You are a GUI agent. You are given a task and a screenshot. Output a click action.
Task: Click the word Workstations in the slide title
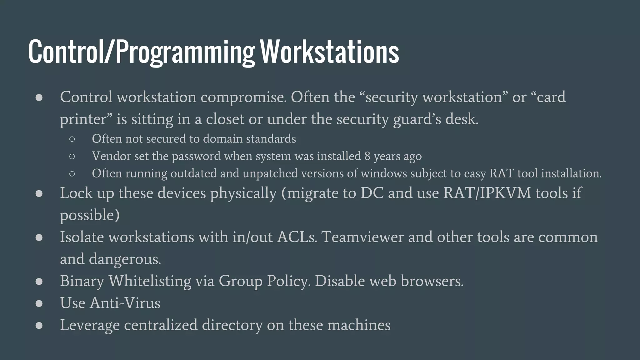(330, 52)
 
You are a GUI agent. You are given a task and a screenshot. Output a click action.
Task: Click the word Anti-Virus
(125, 303)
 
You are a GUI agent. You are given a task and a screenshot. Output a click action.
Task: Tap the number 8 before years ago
(367, 156)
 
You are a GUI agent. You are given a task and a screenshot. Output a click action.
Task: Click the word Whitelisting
(150, 281)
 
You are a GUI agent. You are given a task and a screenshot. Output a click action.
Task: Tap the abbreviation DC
(372, 193)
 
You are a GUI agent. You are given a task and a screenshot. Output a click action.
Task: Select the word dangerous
(125, 259)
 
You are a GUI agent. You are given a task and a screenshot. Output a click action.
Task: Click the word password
(196, 156)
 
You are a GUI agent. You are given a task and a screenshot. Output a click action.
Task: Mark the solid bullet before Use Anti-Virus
(39, 303)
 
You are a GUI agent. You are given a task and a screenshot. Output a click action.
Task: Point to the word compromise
(243, 97)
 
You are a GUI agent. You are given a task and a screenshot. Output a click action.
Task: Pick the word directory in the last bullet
(232, 325)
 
